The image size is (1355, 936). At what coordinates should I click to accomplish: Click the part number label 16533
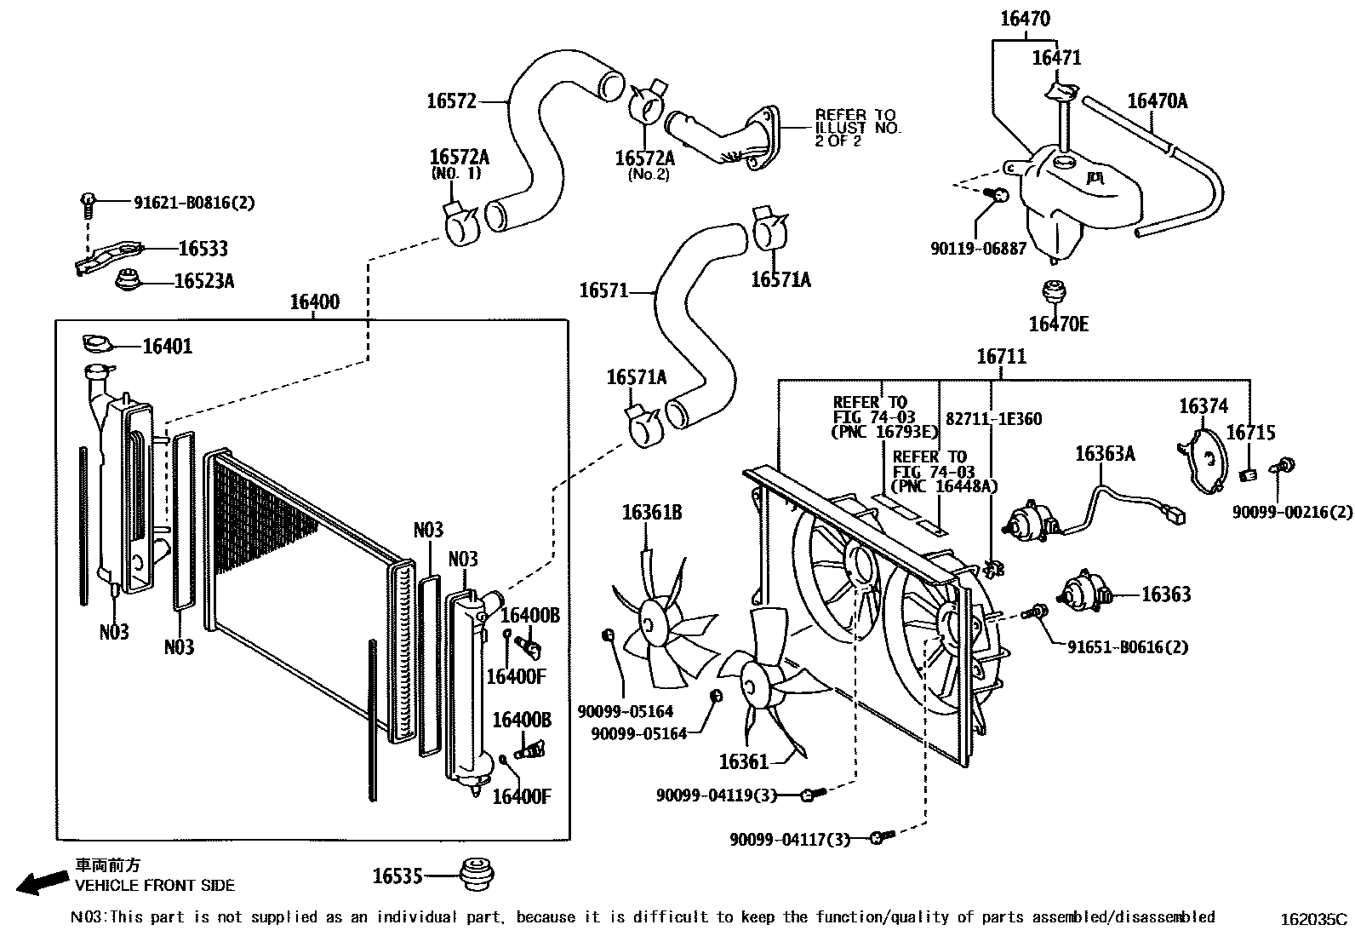[x=203, y=249]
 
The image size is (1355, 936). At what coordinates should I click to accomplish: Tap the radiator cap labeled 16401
[x=97, y=344]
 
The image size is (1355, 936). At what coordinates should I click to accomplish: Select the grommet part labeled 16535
[x=477, y=875]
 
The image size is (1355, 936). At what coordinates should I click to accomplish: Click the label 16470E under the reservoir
[x=1058, y=324]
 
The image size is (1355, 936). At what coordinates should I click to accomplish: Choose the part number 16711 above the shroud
[x=1001, y=357]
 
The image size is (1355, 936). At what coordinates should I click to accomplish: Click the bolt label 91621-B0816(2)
[x=194, y=203]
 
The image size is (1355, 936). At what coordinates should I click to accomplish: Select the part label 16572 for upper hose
[x=451, y=101]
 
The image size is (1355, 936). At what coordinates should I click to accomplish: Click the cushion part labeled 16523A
[x=129, y=279]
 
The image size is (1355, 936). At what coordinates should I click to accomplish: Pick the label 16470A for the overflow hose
[x=1157, y=100]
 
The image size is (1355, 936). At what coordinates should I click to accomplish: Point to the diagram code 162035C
[x=1315, y=919]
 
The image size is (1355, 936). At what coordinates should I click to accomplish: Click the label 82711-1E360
[x=993, y=419]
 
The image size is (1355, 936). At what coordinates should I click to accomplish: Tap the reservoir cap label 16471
[x=1056, y=58]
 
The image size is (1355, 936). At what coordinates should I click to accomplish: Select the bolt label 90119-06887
[x=978, y=249]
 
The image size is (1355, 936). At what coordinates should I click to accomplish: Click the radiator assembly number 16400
[x=314, y=301]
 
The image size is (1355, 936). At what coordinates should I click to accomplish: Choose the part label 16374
[x=1203, y=406]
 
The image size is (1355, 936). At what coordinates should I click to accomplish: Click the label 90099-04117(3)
[x=789, y=840]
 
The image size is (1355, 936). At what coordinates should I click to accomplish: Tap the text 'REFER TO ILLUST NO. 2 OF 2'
[x=857, y=128]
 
